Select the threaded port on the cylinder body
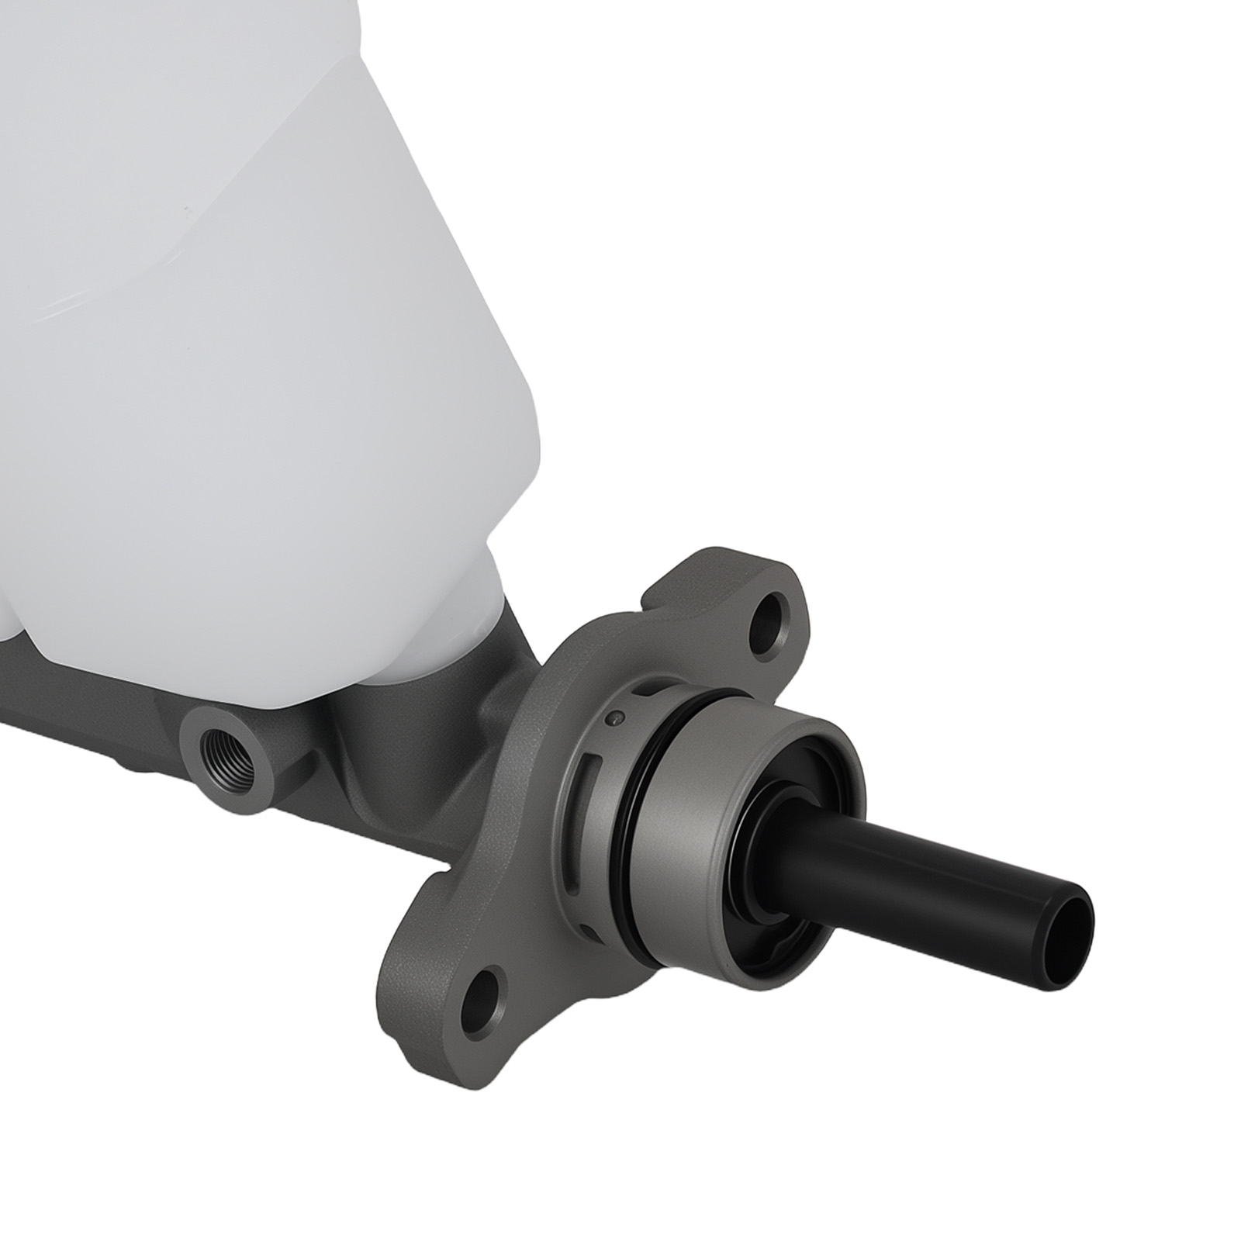[226, 750]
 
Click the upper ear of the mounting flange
[745, 589]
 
